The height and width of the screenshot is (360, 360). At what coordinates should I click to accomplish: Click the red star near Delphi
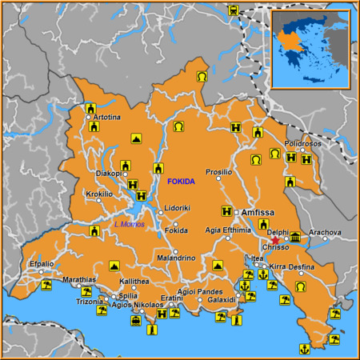pos(275,240)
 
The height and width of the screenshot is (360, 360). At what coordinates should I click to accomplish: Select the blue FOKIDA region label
pos(181,182)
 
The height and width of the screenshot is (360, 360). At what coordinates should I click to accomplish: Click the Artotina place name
pos(106,118)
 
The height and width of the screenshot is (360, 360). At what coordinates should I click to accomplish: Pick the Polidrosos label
pos(302,143)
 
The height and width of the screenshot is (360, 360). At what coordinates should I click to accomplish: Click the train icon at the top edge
pos(233,11)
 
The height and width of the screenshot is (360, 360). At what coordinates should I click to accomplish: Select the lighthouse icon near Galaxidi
pos(236,321)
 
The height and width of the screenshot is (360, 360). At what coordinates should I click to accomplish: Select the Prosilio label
pos(218,172)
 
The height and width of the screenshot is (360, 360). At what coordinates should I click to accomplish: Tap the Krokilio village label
pos(99,194)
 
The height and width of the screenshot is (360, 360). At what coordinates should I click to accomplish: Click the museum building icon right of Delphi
pos(295,238)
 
